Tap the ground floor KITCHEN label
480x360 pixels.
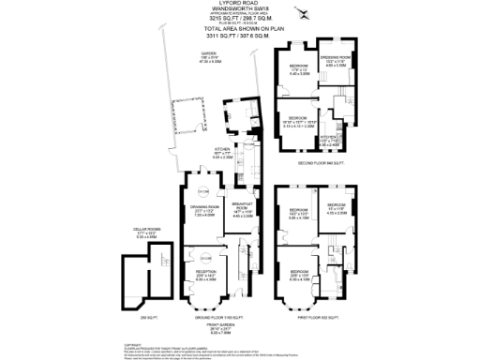click(x=221, y=148)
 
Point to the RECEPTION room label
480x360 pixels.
click(x=204, y=273)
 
